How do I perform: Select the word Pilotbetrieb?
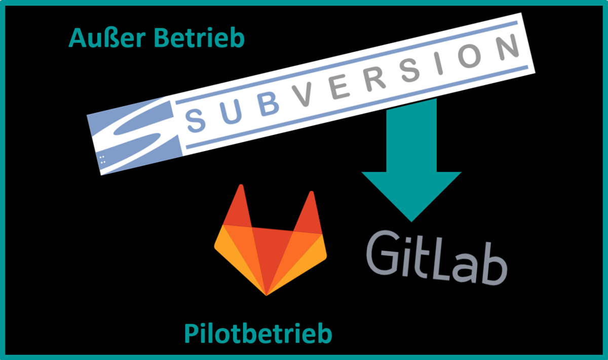(258, 334)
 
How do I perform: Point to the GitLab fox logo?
(271, 243)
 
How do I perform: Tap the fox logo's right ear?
(307, 211)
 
